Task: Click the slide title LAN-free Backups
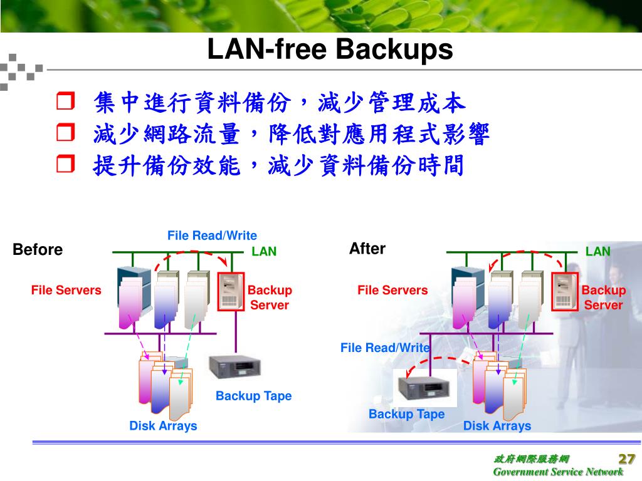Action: point(330,50)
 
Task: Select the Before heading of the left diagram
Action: point(38,250)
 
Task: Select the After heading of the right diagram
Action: point(367,249)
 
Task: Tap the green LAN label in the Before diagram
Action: point(264,252)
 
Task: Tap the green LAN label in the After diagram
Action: point(597,252)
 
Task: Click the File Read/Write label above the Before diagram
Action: point(212,235)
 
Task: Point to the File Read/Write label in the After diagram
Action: point(385,348)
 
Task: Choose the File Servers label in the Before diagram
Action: point(66,290)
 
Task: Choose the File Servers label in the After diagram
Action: point(392,290)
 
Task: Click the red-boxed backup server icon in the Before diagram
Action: point(230,291)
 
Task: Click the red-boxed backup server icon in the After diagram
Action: point(565,291)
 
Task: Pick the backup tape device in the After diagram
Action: point(424,387)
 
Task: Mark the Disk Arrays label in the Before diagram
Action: point(163,426)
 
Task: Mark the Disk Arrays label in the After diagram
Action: point(497,426)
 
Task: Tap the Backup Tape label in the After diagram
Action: point(406,414)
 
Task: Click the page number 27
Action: point(627,458)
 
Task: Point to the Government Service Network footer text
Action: point(558,472)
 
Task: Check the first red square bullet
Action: point(65,101)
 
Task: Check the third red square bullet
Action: point(65,165)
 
